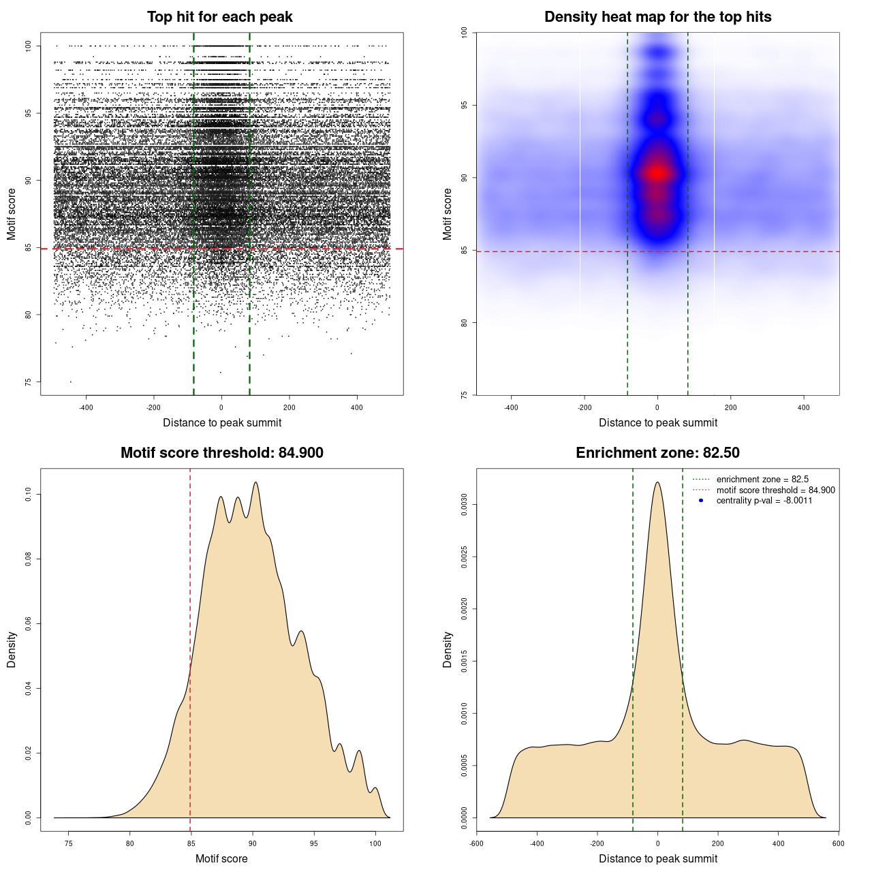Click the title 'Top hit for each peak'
tap(219, 17)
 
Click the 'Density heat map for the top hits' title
tap(657, 17)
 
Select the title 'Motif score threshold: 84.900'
tap(221, 453)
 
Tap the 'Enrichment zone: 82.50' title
tap(657, 453)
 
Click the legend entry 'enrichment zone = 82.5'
tap(762, 480)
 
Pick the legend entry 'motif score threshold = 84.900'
tap(775, 490)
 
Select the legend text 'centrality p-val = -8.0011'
tap(764, 501)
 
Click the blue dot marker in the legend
tap(701, 501)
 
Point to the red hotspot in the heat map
tap(657, 173)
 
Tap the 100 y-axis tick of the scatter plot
tap(29, 46)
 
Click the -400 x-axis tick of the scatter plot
tap(86, 407)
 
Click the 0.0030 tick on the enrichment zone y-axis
tap(465, 505)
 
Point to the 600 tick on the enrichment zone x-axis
tap(838, 843)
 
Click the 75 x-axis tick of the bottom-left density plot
tap(68, 843)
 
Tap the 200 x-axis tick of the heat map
tap(731, 407)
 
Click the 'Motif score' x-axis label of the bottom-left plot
tap(221, 858)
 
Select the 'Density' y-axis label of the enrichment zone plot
tap(448, 649)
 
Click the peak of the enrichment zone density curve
tap(657, 483)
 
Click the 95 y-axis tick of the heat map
tap(465, 105)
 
